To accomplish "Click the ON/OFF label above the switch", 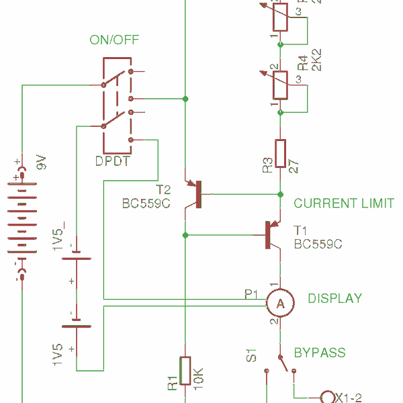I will coord(114,40).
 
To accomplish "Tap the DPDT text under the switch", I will coord(112,162).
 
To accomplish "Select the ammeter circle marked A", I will coord(280,304).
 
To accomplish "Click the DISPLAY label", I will coord(334,299).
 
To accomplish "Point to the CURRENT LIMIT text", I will coord(343,204).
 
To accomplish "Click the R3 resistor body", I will coord(281,156).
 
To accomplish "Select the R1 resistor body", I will coord(185,373).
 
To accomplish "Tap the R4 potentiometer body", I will coord(280,85).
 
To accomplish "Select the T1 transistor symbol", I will coord(271,236).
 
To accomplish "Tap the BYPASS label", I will coord(320,353).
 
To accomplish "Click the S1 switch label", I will coord(251,355).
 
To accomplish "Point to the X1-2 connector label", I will coord(352,396).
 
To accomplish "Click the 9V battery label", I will coord(41,162).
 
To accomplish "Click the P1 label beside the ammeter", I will coord(251,294).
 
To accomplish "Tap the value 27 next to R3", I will coord(294,166).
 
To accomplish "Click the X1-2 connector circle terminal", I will coord(328,396).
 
